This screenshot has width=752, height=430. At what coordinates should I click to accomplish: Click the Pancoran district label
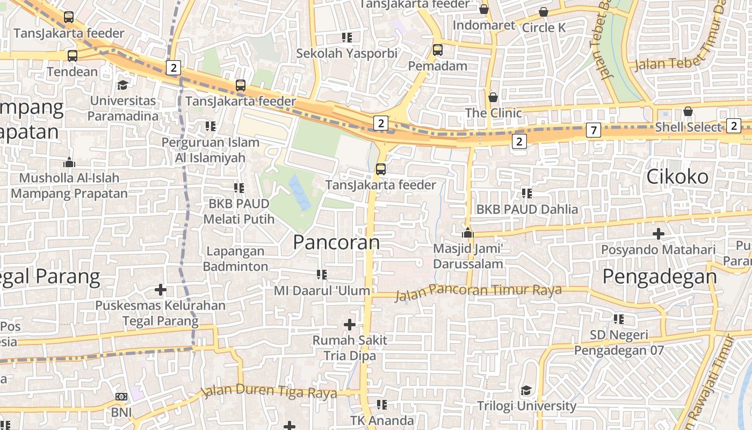(336, 242)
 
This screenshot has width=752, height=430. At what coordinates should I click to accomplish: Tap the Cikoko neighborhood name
(677, 176)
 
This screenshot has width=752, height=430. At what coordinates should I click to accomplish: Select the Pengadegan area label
(659, 276)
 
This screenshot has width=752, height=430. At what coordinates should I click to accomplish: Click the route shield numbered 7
(594, 130)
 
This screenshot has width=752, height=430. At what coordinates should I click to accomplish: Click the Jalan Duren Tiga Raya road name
(270, 391)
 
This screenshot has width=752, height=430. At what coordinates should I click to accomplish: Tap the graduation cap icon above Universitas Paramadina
(123, 85)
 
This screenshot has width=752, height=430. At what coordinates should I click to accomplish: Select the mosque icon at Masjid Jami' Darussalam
(468, 233)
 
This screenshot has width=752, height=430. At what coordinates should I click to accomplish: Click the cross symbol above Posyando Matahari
(659, 234)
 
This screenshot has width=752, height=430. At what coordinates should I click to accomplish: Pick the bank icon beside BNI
(121, 397)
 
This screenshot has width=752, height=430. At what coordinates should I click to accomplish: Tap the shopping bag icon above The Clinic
(493, 97)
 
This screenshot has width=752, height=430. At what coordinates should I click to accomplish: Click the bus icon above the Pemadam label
(438, 50)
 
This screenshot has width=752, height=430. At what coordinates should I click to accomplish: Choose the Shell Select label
(688, 127)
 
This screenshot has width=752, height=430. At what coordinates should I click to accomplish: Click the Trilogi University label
(526, 406)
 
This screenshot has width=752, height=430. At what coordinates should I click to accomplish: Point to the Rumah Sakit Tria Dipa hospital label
(350, 348)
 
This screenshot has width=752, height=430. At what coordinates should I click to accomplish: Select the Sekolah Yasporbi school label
(347, 53)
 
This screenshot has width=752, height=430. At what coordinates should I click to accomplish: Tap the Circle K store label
(544, 27)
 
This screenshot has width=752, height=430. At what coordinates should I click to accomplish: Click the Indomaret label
(483, 25)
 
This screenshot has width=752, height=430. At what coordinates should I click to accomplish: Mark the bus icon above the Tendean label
(73, 55)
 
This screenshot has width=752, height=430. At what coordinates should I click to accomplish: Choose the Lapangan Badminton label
(236, 259)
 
